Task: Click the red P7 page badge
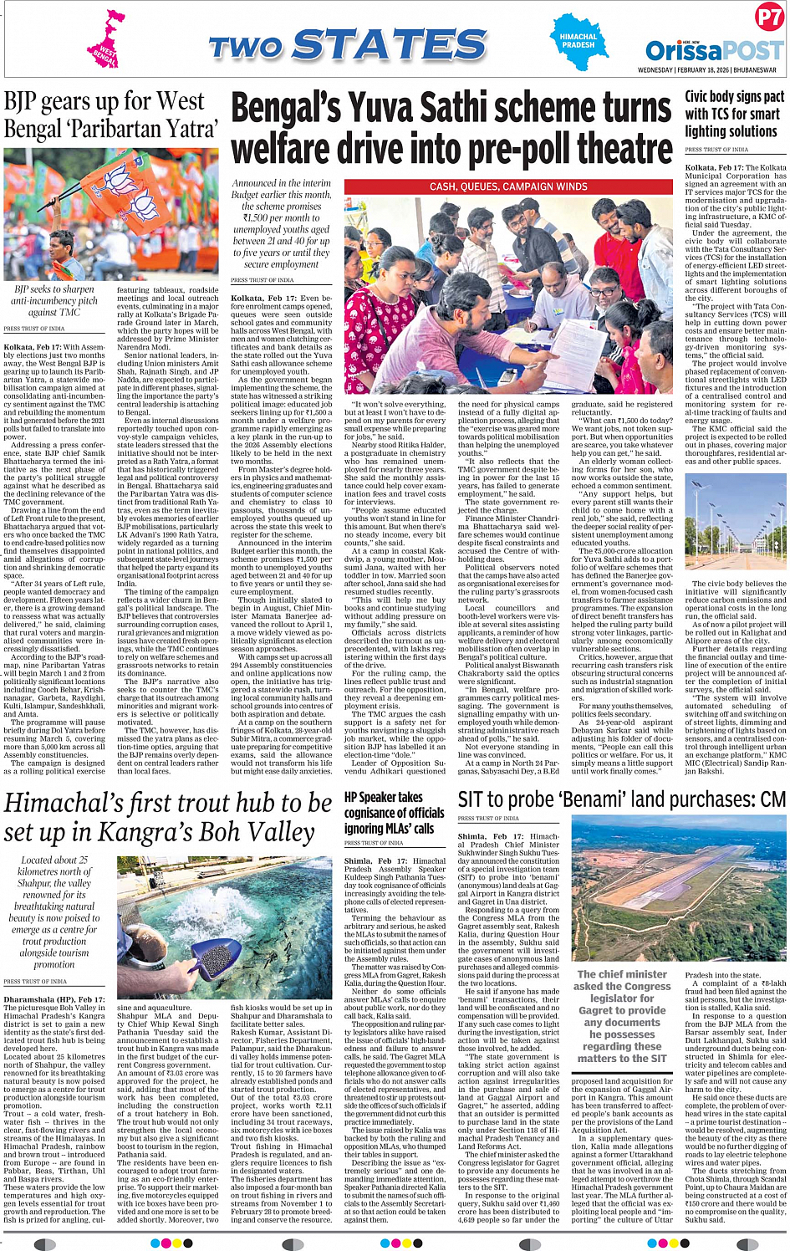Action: [769, 16]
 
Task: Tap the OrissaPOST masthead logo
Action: [713, 50]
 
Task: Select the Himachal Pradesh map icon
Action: [578, 42]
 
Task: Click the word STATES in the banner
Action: [390, 45]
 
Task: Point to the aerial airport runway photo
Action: [678, 891]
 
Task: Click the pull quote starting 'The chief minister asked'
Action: [622, 1016]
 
